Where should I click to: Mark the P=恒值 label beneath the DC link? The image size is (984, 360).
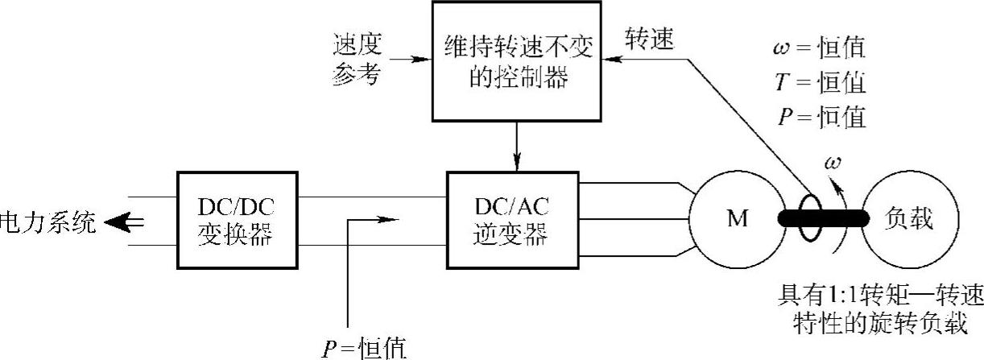click(362, 348)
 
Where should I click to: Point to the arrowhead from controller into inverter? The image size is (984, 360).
click(515, 165)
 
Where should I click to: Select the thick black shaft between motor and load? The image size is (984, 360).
click(821, 218)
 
